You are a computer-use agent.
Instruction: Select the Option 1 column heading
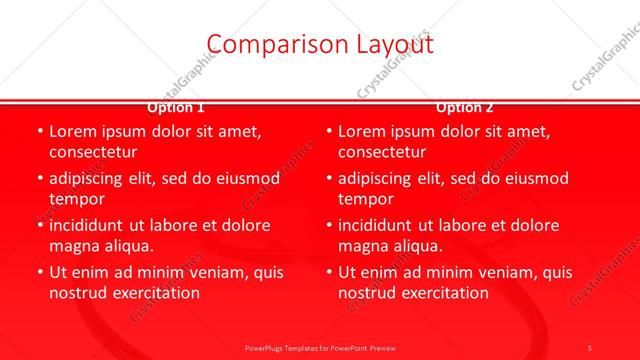tap(176, 107)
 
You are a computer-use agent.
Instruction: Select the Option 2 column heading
tap(465, 107)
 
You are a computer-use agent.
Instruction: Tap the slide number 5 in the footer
tap(590, 347)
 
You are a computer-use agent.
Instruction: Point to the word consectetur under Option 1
tap(93, 153)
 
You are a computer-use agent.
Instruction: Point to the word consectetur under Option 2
tap(382, 153)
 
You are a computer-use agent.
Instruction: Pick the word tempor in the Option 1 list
tap(77, 199)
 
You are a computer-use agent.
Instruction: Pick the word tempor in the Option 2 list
tap(366, 199)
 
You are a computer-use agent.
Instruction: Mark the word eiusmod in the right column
tap(533, 178)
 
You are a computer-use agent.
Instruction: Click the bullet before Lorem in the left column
tap(39, 132)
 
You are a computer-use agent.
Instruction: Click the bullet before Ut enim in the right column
tap(328, 272)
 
